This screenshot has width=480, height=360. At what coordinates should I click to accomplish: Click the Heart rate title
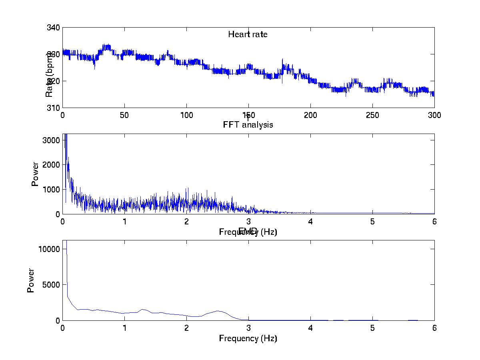(248, 34)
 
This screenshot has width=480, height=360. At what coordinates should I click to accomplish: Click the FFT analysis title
(248, 125)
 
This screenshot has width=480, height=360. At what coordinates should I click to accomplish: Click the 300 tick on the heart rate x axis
(434, 115)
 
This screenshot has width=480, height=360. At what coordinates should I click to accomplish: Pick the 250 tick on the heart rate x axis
(372, 115)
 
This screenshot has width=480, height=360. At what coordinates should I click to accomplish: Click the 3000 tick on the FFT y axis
(52, 140)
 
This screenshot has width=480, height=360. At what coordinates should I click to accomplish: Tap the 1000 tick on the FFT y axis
(52, 189)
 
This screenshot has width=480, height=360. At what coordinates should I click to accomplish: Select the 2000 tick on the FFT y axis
(52, 165)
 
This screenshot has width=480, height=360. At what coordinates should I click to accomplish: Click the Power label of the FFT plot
(35, 174)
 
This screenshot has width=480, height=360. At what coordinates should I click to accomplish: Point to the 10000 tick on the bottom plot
(50, 249)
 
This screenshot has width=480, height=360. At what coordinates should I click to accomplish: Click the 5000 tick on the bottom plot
(52, 284)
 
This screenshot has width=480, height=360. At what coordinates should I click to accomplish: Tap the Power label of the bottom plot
(31, 280)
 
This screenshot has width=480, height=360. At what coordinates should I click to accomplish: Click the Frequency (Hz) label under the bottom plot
(248, 338)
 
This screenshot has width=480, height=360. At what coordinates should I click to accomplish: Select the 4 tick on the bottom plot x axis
(310, 328)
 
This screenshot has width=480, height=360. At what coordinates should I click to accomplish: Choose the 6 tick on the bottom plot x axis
(434, 328)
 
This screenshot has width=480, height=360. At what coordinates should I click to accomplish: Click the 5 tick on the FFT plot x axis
(372, 222)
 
